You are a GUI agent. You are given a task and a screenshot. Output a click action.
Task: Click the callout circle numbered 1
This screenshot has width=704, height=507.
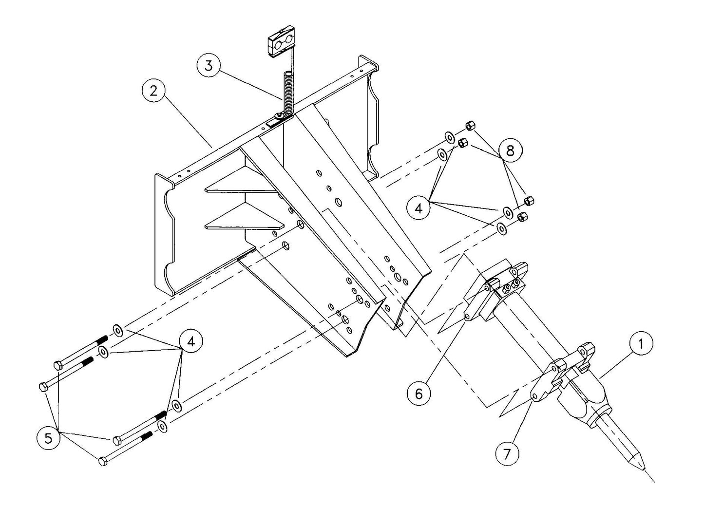pyautogui.click(x=641, y=343)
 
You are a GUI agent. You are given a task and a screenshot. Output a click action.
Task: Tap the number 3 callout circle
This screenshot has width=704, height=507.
pyautogui.click(x=209, y=66)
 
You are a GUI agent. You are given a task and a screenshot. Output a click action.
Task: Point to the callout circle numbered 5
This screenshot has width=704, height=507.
pyautogui.click(x=48, y=438)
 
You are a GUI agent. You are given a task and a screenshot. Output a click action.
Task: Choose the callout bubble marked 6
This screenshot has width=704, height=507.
pyautogui.click(x=419, y=393)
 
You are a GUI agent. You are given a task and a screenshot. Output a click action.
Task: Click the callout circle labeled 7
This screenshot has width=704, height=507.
pyautogui.click(x=507, y=453)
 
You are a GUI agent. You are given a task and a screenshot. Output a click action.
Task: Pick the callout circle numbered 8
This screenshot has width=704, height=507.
pyautogui.click(x=510, y=151)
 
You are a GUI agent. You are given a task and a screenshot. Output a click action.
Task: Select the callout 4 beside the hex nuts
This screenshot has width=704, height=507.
pyautogui.click(x=419, y=208)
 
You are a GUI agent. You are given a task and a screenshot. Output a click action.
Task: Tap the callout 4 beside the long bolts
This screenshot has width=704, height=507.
pyautogui.click(x=190, y=341)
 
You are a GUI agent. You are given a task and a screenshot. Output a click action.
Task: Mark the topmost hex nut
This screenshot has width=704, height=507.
pyautogui.click(x=471, y=126)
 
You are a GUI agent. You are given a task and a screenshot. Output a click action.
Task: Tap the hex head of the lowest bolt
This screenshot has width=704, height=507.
pyautogui.click(x=103, y=461)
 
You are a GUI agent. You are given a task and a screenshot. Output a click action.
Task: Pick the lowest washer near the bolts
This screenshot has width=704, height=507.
pyautogui.click(x=163, y=427)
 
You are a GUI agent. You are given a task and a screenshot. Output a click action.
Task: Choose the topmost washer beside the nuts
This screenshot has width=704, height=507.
pyautogui.click(x=448, y=135)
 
